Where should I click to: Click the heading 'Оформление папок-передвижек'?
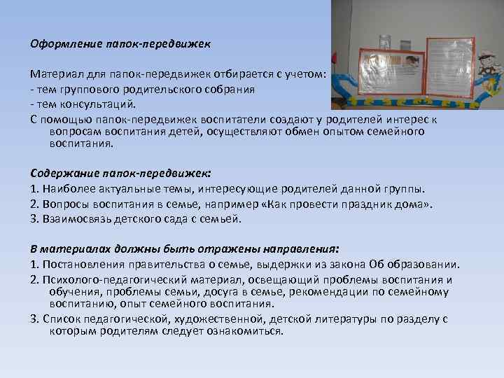coord(120,43)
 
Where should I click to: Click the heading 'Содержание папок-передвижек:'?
coord(120,172)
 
